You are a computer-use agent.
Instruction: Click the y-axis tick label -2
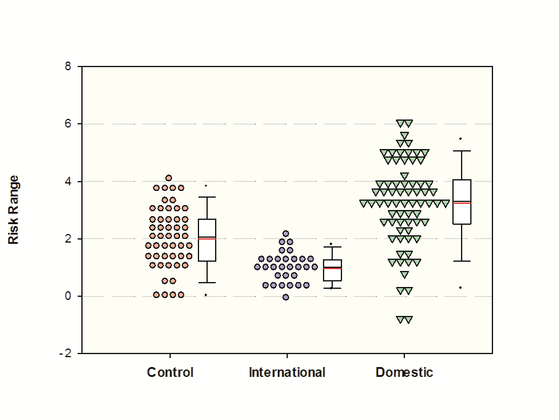pos(65,353)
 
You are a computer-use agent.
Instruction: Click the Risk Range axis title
pos(14,209)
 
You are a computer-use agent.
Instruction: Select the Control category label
pos(170,373)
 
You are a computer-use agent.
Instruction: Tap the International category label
pos(287,373)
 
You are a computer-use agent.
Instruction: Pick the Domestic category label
pos(404,373)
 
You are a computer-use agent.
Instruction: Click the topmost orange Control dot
pos(169,178)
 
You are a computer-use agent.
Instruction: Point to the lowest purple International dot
pos(286,297)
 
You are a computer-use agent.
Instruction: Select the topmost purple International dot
pos(286,234)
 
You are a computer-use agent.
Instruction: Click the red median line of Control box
pos(207,238)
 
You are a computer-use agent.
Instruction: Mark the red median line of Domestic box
pos(462,203)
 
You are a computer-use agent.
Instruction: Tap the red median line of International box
pos(333,269)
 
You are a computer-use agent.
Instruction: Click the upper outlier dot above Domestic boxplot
pos(460,139)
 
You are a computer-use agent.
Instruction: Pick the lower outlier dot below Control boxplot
pos(206,295)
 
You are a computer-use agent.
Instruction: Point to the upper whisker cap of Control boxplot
pos(207,197)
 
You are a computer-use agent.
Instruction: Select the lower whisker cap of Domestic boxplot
pos(462,261)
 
